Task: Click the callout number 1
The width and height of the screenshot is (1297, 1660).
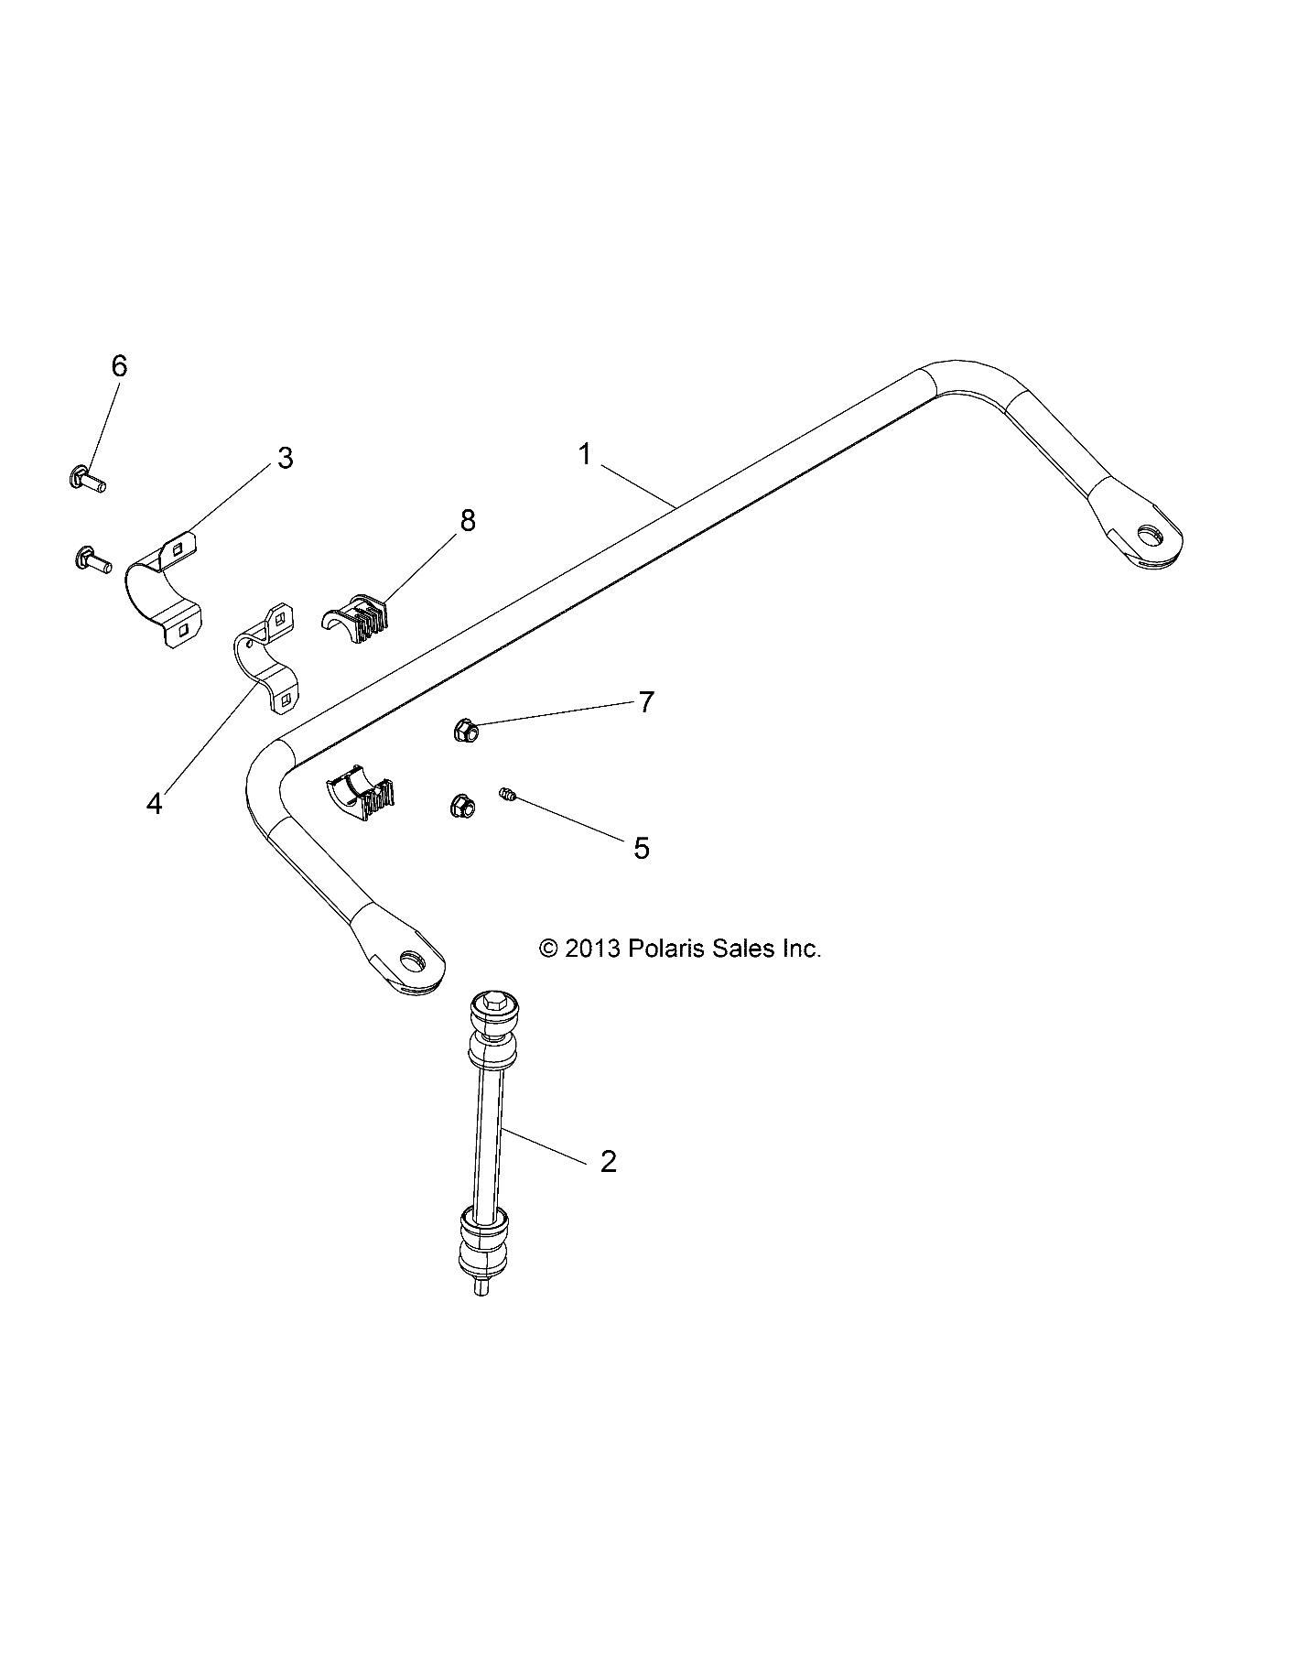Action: click(586, 454)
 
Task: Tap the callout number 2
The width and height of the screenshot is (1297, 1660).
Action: click(608, 1162)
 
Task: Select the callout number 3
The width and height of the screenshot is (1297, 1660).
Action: click(286, 458)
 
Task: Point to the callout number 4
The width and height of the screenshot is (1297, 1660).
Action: click(154, 804)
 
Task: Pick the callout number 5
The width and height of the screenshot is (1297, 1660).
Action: click(642, 849)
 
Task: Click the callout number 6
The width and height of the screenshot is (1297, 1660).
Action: click(119, 366)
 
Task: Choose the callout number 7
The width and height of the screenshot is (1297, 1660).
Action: click(646, 702)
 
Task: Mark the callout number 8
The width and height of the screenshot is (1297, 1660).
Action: click(468, 521)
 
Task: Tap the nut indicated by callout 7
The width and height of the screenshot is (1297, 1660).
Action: click(464, 730)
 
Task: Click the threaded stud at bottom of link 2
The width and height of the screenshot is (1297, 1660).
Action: click(481, 1286)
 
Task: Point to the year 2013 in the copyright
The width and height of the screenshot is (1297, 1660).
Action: click(593, 949)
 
